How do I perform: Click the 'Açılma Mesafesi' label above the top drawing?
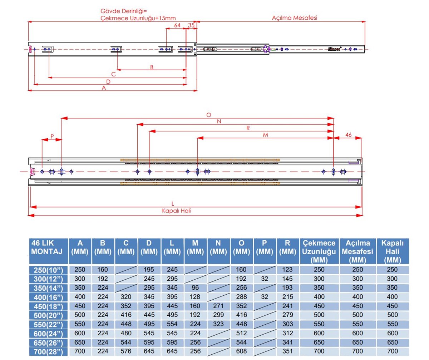[295, 17]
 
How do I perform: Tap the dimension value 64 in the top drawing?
[177, 25]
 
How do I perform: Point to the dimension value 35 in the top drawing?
[191, 25]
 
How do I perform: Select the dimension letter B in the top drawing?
[152, 67]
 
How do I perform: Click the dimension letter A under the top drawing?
[104, 88]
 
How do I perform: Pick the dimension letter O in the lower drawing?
[209, 115]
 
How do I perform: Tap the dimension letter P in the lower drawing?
[52, 136]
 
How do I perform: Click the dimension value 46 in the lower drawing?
[349, 135]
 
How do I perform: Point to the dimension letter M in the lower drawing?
[266, 135]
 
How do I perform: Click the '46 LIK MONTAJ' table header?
[48, 247]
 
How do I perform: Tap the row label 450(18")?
[48, 306]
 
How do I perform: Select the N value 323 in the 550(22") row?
[219, 324]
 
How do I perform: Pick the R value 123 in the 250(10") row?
[288, 270]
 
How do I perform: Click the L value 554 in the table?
[172, 324]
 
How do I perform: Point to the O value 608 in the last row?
[242, 351]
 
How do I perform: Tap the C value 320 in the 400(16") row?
[126, 297]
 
